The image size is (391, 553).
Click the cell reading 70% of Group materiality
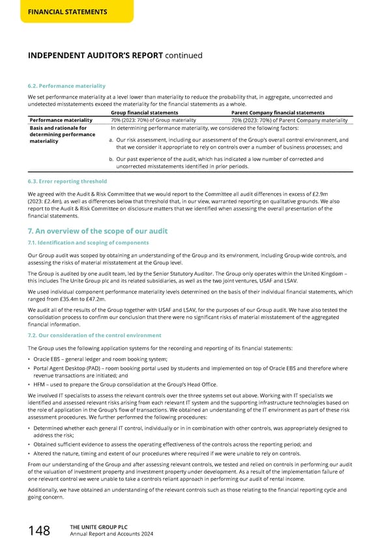(x=153, y=121)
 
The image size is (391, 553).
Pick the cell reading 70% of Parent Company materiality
(x=291, y=121)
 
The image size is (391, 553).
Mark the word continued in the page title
(x=183, y=55)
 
